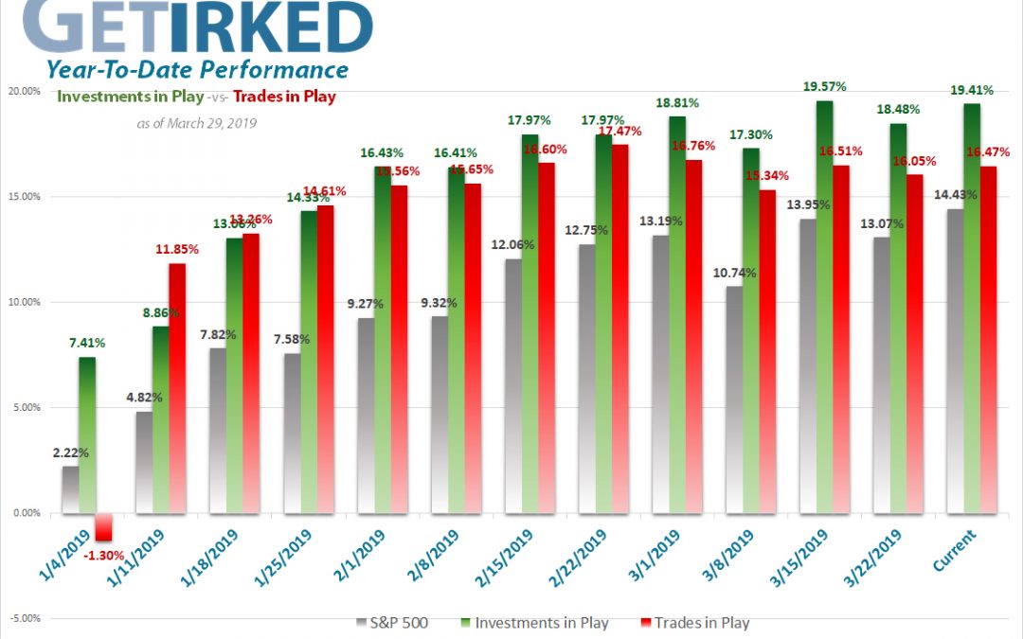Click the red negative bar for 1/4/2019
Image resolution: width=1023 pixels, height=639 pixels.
tap(103, 527)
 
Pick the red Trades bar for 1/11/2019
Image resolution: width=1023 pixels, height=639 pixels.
tap(177, 388)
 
